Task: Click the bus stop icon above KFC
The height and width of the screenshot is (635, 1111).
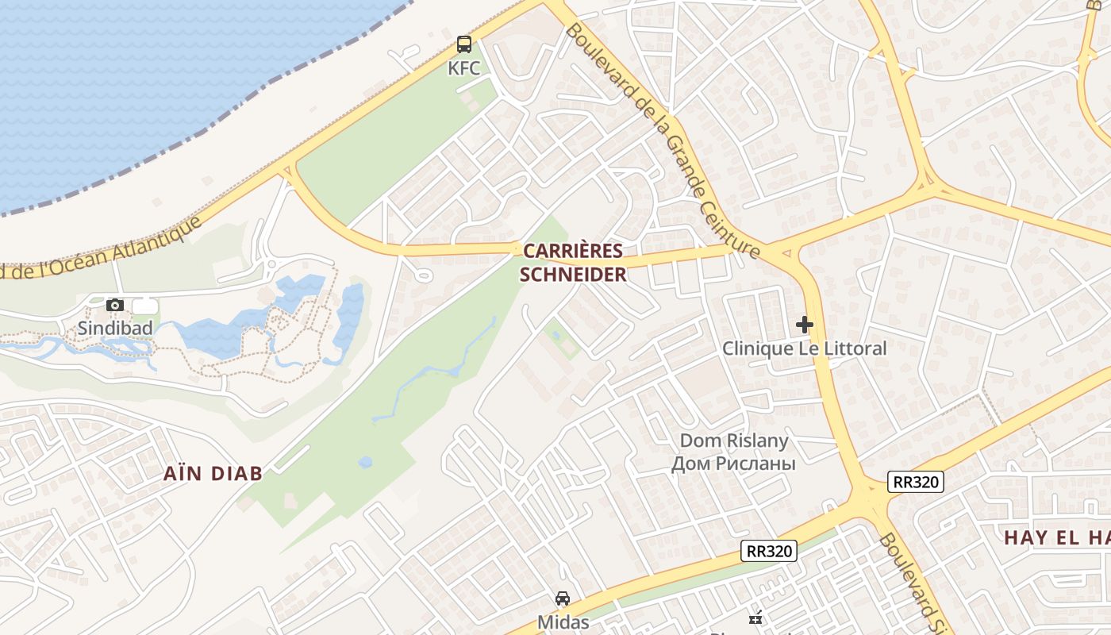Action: (x=463, y=44)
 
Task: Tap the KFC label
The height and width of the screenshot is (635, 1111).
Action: (x=463, y=68)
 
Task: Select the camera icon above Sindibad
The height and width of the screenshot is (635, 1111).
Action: (x=115, y=305)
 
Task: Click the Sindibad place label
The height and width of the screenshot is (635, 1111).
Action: (x=114, y=328)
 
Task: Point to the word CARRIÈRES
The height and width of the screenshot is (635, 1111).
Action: (x=572, y=252)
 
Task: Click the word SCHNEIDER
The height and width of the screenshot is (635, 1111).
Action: (x=572, y=275)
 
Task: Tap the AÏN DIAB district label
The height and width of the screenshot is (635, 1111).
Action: (x=213, y=474)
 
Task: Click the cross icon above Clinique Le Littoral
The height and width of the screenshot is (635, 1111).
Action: (x=805, y=324)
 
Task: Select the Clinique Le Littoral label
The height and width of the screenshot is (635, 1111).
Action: (x=804, y=348)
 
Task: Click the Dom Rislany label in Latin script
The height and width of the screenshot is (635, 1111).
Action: (x=734, y=441)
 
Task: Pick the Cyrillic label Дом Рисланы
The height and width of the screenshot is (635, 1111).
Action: (x=732, y=463)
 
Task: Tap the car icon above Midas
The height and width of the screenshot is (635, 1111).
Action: (x=563, y=598)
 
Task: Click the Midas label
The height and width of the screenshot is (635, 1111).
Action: (x=563, y=622)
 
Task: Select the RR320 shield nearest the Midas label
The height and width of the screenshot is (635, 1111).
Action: (x=768, y=551)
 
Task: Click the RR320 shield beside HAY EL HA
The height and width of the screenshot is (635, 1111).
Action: (x=916, y=481)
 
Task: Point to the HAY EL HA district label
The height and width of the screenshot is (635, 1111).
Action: (x=1055, y=537)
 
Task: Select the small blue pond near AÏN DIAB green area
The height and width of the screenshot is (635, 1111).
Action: (x=365, y=462)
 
